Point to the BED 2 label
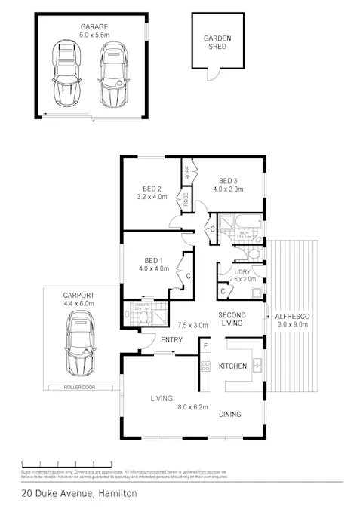click(x=152, y=189)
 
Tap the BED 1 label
click(x=152, y=259)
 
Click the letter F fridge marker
click(x=204, y=347)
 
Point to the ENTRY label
click(x=172, y=340)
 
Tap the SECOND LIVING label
click(x=230, y=319)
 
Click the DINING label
click(x=231, y=414)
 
